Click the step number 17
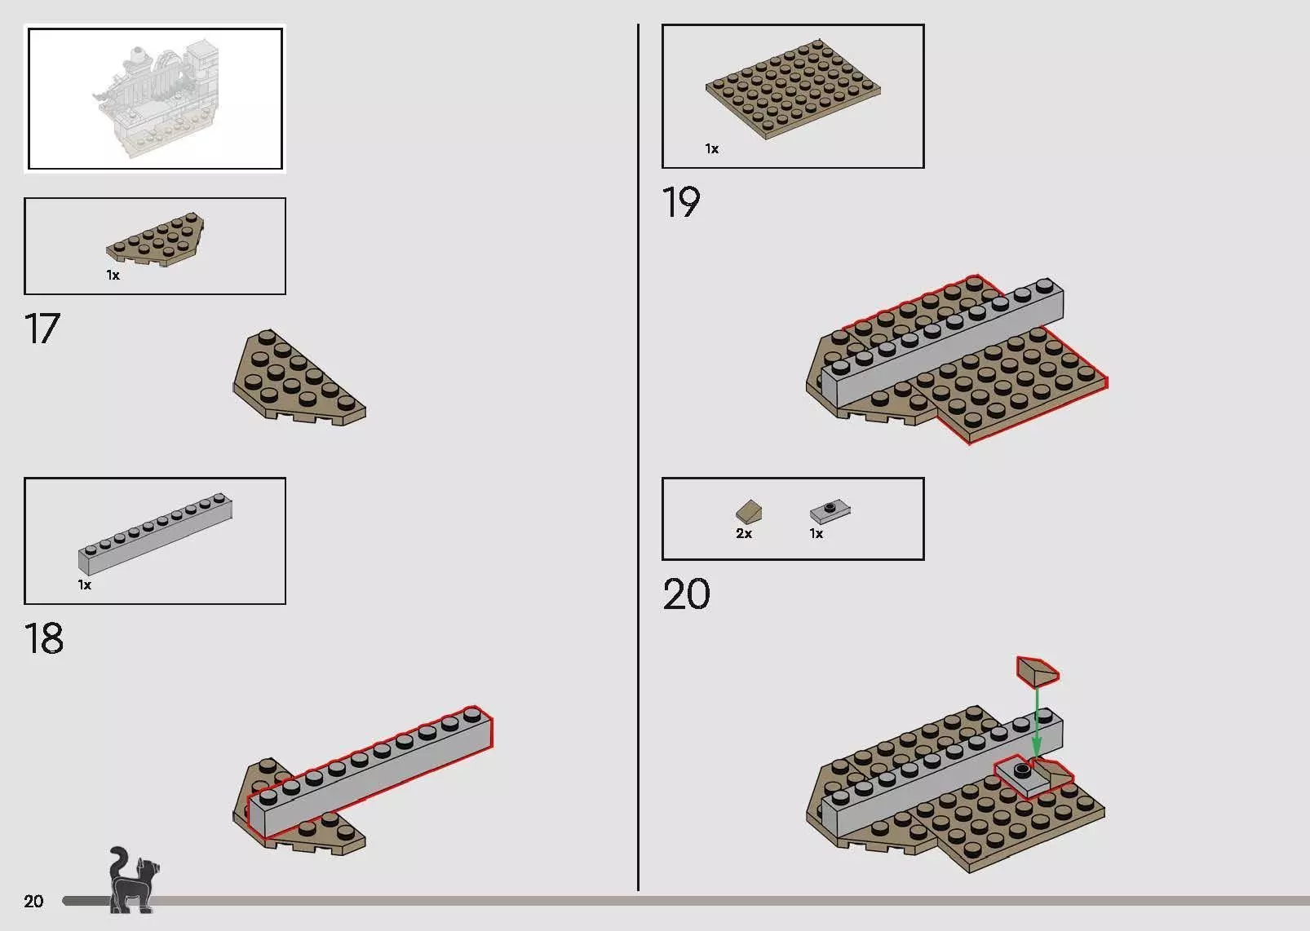[x=42, y=329]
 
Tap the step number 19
[x=681, y=202]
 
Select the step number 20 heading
[x=687, y=594]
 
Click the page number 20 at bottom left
[x=34, y=901]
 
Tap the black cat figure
[x=134, y=880]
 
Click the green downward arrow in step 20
[x=1036, y=722]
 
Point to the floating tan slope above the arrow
[x=1038, y=671]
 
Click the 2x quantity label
[x=744, y=534]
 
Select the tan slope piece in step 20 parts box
[x=749, y=511]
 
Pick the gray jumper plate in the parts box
[x=830, y=511]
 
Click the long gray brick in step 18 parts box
[x=156, y=533]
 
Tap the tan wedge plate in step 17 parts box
[x=156, y=240]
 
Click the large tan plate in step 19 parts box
[x=793, y=89]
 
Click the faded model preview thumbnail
[x=156, y=99]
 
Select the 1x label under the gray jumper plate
[x=817, y=534]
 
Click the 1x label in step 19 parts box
[x=712, y=149]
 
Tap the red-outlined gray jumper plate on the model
[x=1022, y=777]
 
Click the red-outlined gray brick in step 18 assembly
[x=370, y=770]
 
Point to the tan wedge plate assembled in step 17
[x=299, y=377]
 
